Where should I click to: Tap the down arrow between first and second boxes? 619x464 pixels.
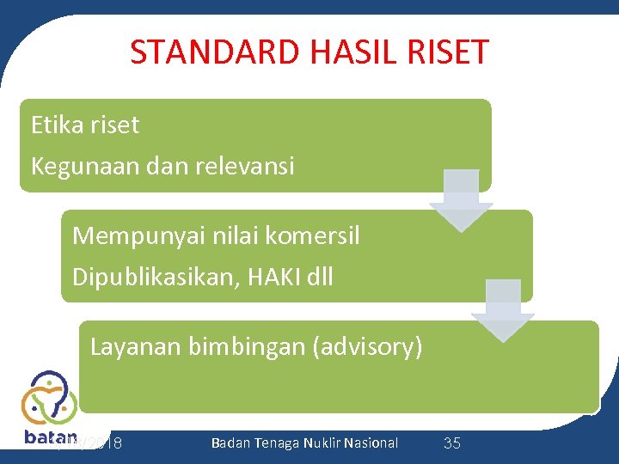point(461,200)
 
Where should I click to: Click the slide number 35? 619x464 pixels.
point(452,443)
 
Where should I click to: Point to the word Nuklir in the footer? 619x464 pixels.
point(324,443)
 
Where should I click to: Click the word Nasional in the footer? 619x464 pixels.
point(372,443)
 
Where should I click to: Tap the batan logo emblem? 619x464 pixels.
point(49,397)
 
